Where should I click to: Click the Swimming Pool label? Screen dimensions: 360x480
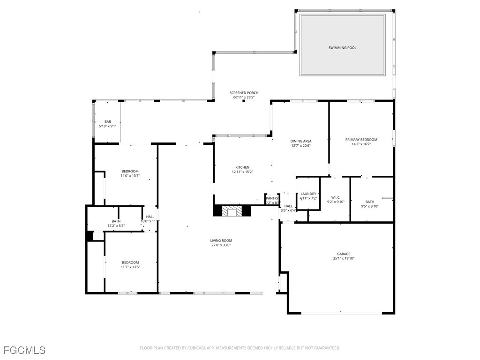coord(342,48)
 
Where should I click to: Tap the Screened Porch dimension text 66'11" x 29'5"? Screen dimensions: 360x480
coord(244,97)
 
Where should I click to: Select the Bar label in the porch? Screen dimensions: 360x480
coord(108,121)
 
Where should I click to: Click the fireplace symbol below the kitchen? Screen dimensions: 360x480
coord(232,211)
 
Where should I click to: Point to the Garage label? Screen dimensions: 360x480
coord(344,254)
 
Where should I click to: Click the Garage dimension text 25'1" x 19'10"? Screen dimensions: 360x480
coord(344,258)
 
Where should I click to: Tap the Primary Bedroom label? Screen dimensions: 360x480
coord(361,140)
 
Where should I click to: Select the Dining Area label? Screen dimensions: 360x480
coord(300,141)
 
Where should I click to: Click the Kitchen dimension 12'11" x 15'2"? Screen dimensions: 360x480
coord(242,172)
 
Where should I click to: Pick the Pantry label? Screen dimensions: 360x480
coord(272,198)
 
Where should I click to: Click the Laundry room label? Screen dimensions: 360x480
coord(308,194)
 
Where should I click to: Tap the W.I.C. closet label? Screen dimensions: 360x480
coord(336,197)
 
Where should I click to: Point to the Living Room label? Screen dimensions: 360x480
coord(221,240)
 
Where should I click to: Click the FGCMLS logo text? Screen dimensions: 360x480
coord(24,350)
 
